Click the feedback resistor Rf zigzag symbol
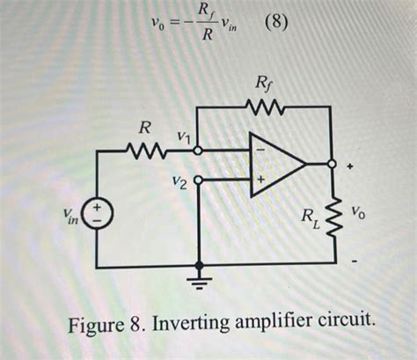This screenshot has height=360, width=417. click(263, 108)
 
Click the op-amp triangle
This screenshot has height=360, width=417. click(274, 164)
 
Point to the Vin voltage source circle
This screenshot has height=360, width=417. click(99, 215)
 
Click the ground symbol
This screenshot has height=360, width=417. click(201, 280)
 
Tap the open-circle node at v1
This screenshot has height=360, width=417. click(201, 150)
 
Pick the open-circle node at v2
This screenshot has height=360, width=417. click(200, 180)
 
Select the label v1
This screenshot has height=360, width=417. click(184, 136)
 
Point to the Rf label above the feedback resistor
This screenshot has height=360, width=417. click(263, 84)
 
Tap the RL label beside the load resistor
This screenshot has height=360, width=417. click(310, 217)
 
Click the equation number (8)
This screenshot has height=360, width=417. click(275, 21)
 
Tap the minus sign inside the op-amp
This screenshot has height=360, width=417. click(260, 150)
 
